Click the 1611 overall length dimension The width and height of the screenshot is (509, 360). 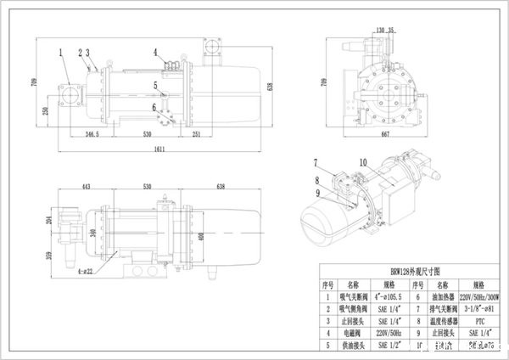[159, 149]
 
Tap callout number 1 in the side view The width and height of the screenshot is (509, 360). [62, 53]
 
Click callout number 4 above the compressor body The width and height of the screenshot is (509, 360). [156, 53]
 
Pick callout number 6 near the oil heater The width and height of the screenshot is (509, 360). [154, 108]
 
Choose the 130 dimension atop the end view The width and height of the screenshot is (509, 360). [378, 29]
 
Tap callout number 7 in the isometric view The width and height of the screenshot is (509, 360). [315, 162]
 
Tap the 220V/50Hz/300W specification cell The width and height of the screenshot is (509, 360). [479, 297]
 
